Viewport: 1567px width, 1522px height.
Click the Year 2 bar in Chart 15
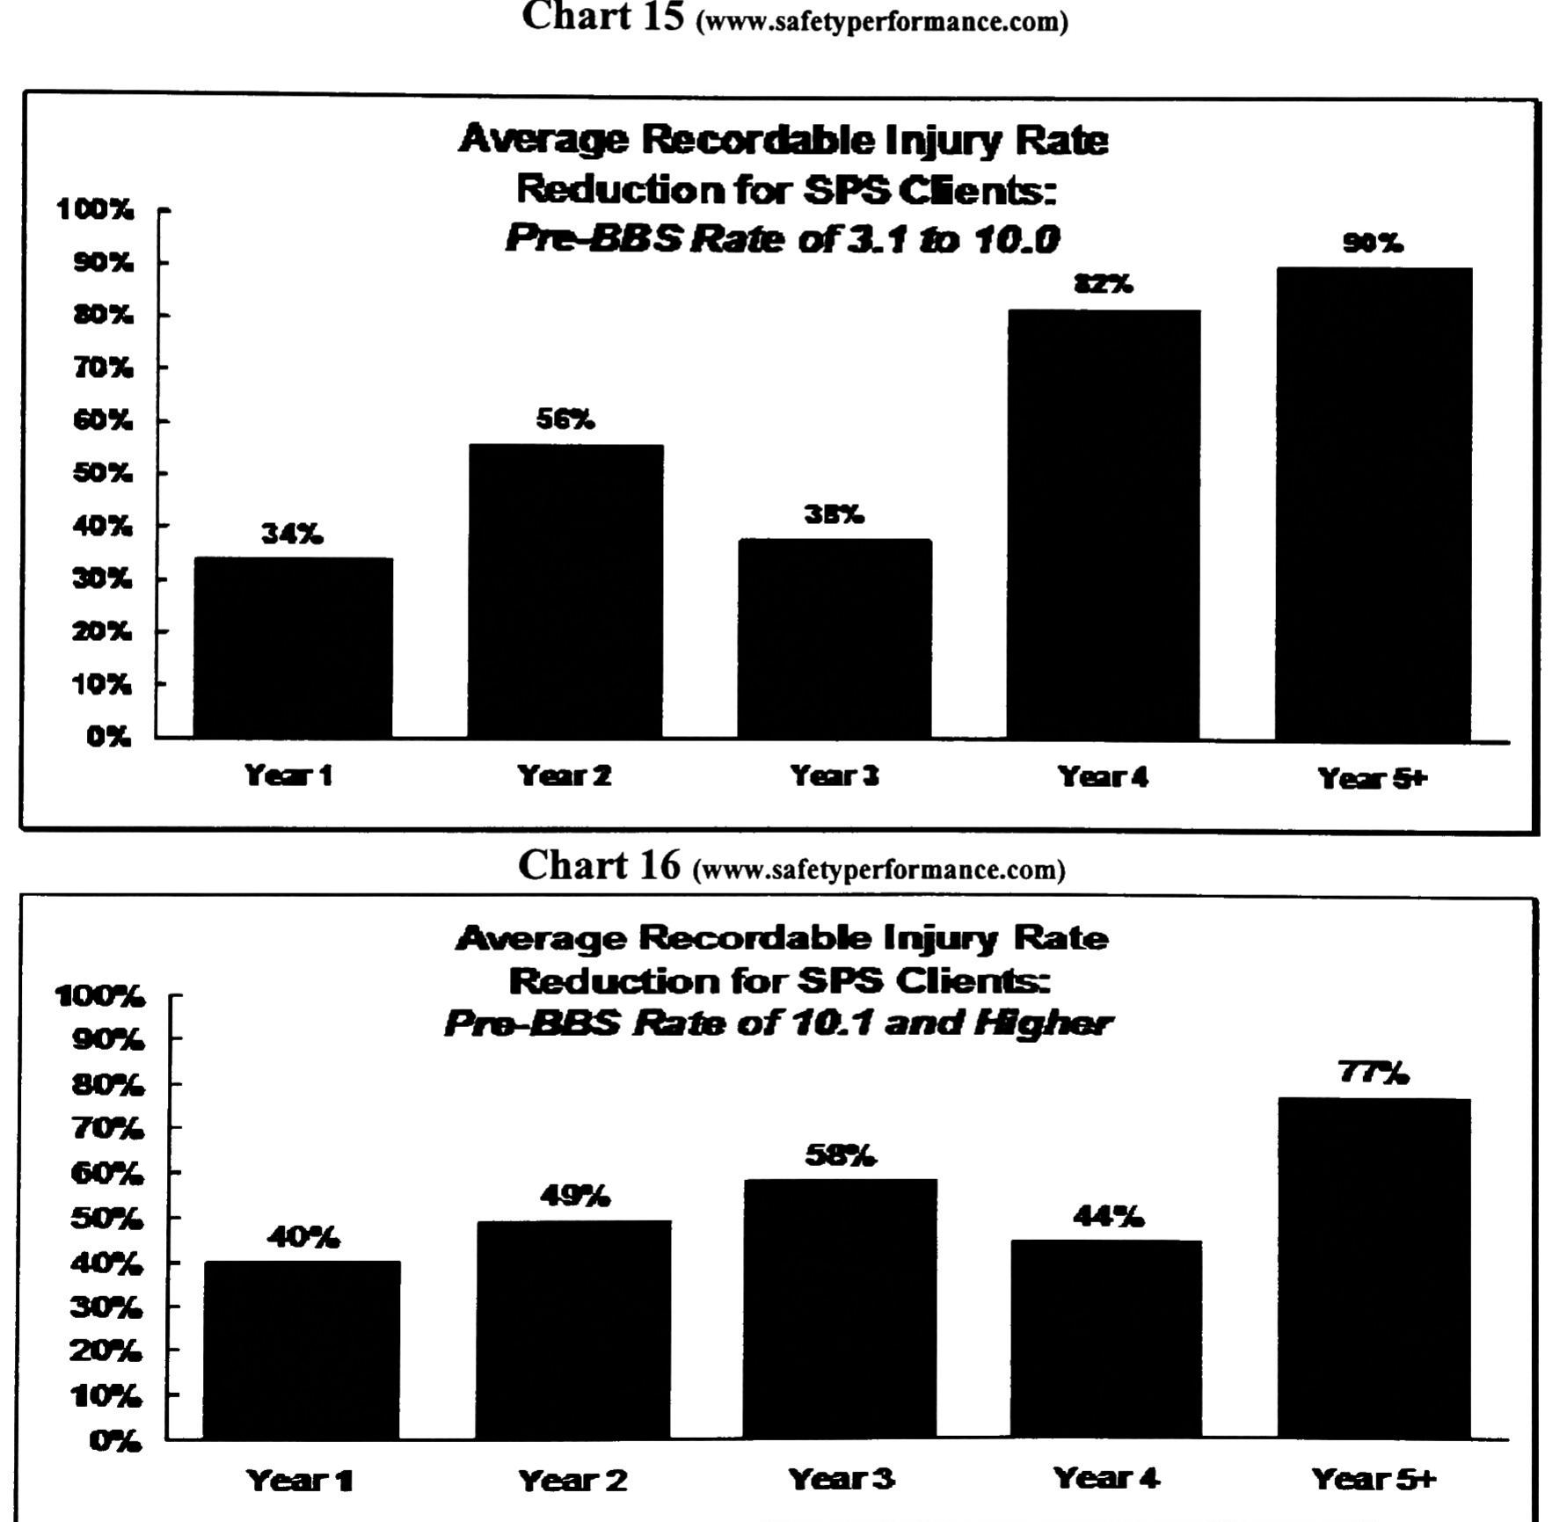point(565,591)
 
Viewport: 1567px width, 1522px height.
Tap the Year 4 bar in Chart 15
point(1103,524)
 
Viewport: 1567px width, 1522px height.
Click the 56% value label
point(565,420)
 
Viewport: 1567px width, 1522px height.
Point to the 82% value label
point(1104,284)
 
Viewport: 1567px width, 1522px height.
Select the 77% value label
point(1374,1073)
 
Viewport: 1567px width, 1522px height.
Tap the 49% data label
point(575,1196)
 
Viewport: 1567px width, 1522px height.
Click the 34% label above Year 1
point(292,534)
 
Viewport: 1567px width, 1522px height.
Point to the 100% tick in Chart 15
point(95,209)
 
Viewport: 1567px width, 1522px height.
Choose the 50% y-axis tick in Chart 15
point(102,473)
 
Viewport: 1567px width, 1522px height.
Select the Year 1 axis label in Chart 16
point(300,1480)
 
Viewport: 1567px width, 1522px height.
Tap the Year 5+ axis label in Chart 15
point(1372,778)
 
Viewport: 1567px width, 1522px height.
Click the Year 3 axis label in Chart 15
point(834,776)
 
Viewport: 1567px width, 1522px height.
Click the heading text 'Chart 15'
point(602,16)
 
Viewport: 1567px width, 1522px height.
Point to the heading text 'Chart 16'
point(599,865)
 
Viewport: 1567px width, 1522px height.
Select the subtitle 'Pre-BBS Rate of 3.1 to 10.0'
point(782,238)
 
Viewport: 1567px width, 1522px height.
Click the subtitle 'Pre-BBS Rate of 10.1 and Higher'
point(778,1023)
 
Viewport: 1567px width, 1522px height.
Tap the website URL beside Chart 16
point(879,870)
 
